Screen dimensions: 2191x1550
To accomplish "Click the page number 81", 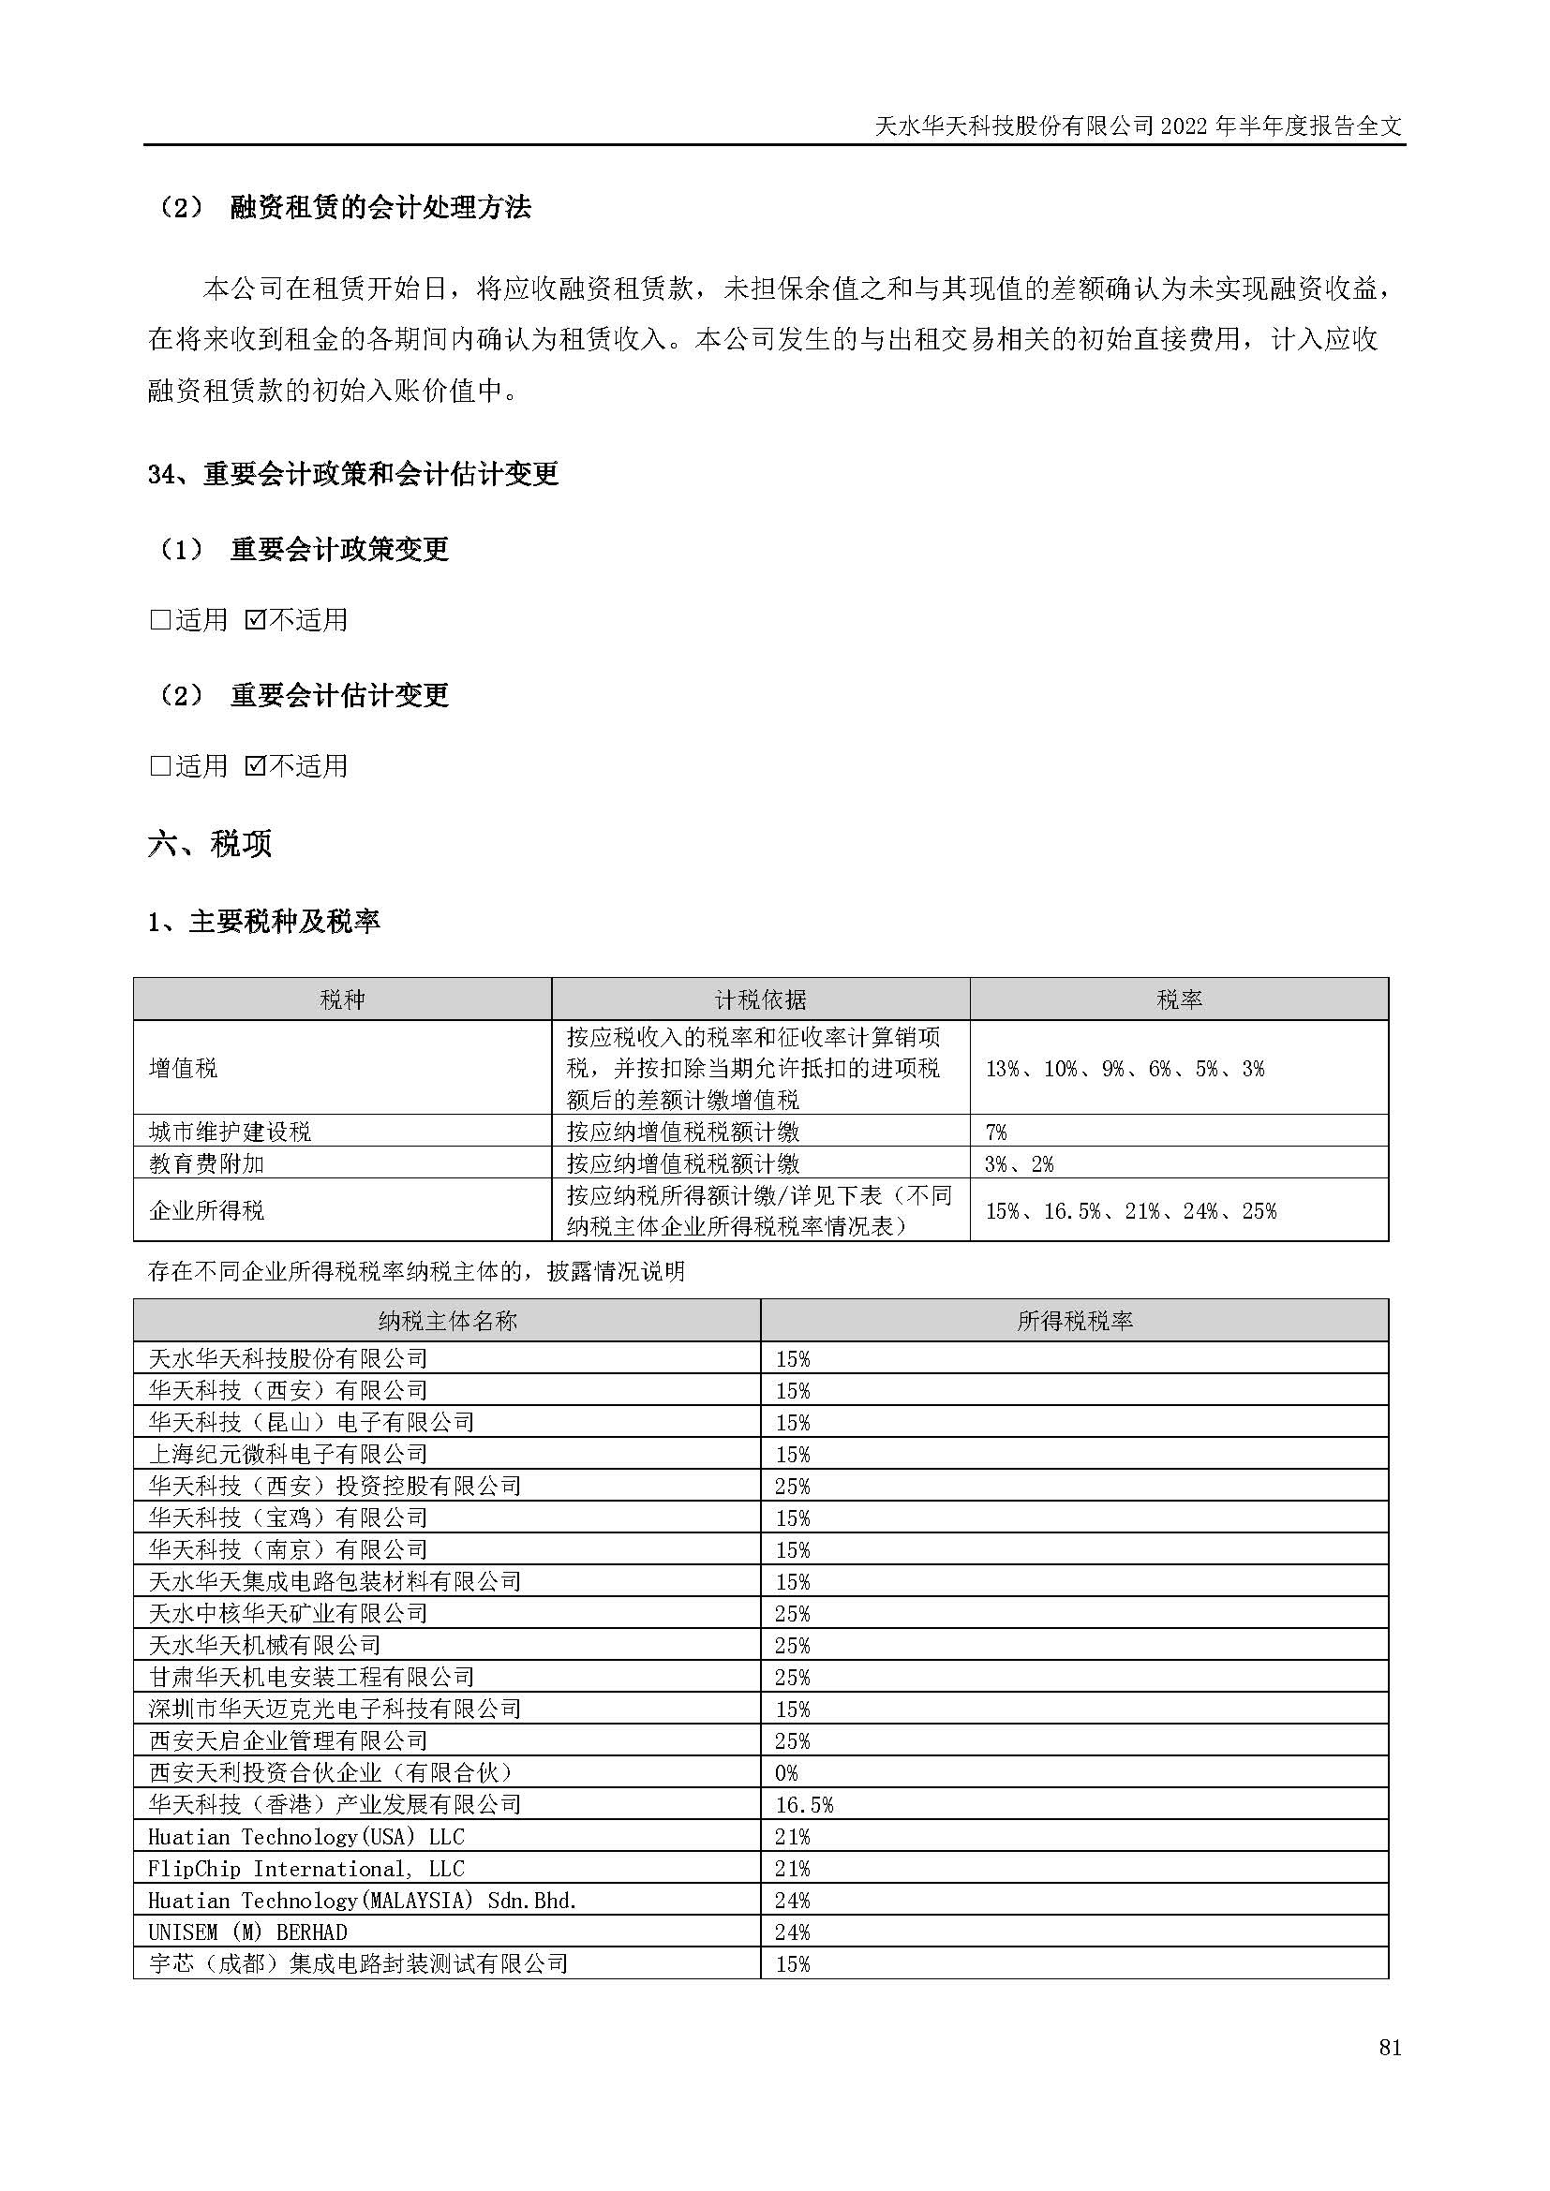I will pyautogui.click(x=1390, y=2074).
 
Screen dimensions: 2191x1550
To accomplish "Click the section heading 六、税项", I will pyautogui.click(x=210, y=844).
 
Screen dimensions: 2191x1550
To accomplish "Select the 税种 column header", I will pyautogui.click(x=342, y=999).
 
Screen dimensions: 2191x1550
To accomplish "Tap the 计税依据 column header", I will pyautogui.click(x=760, y=999).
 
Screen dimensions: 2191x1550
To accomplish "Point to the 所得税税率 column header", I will pyautogui.click(x=1074, y=1321).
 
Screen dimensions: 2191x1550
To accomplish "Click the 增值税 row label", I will pyautogui.click(x=184, y=1068).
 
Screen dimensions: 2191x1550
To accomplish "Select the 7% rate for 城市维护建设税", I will pyautogui.click(x=995, y=1132).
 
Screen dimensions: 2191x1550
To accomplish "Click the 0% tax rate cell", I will pyautogui.click(x=786, y=1773).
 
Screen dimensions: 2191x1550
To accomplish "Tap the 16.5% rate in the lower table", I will pyautogui.click(x=804, y=1804).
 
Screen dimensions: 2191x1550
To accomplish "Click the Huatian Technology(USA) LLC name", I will pyautogui.click(x=306, y=1837).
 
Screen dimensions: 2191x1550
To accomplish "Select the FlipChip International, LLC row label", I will pyautogui.click(x=306, y=1869).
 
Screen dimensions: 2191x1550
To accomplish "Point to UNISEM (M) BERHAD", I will pyautogui.click(x=247, y=1932).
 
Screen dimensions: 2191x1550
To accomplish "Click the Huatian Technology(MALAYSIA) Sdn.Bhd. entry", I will pyautogui.click(x=362, y=1900).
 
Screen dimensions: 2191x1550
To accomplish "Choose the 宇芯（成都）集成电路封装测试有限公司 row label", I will pyautogui.click(x=358, y=1964).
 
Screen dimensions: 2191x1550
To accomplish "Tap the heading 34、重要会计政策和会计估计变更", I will pyautogui.click(x=353, y=474).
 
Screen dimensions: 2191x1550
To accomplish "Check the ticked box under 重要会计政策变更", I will pyautogui.click(x=255, y=620).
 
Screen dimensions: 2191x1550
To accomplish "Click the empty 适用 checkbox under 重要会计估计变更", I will pyautogui.click(x=160, y=766).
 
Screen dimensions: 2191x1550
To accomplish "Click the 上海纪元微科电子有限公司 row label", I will pyautogui.click(x=288, y=1455).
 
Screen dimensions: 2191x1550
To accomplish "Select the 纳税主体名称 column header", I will pyautogui.click(x=447, y=1321).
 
